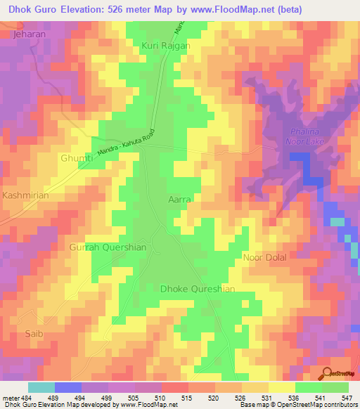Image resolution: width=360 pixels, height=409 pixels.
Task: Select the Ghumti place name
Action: pos(77,159)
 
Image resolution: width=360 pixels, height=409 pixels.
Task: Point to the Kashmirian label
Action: pos(26,195)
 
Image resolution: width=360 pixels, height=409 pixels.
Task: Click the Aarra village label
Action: pos(180,200)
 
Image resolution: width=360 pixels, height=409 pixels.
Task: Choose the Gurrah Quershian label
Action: pos(108,247)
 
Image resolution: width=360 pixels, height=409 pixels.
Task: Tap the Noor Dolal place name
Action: pos(265,257)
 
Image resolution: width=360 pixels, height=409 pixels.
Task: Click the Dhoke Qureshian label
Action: pos(198,289)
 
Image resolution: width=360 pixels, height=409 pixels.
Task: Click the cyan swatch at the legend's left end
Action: pos(41,387)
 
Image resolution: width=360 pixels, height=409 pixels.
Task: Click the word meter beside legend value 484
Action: pos(10,397)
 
